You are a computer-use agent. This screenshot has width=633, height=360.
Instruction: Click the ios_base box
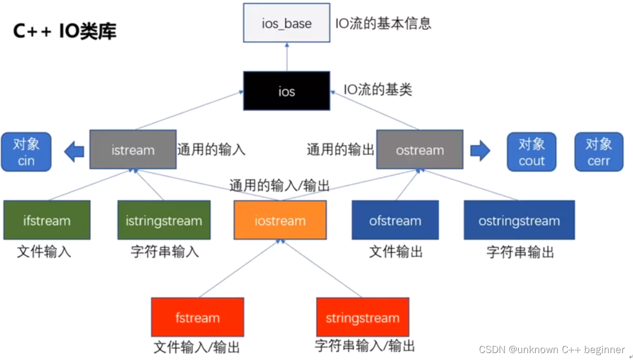287,23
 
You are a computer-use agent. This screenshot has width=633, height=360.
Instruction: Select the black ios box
286,91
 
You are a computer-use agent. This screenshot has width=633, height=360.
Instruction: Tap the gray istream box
133,149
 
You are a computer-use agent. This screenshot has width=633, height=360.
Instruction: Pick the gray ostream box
419,149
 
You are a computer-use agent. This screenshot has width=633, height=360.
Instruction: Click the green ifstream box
47,220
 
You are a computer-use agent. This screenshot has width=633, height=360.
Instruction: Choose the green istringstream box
164,220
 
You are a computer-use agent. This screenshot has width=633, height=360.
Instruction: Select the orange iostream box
280,220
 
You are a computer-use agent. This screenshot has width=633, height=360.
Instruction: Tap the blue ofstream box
395,220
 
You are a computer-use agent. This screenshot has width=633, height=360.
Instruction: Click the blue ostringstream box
519,220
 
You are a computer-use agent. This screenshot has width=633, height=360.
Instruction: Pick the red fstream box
197,317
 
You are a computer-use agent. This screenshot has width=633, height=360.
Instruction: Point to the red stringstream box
362,317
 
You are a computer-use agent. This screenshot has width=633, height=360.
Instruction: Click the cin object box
26,152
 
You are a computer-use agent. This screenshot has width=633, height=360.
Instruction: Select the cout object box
531,152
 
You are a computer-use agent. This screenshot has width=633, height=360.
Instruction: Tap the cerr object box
598,152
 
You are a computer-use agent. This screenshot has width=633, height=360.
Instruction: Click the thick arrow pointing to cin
74,152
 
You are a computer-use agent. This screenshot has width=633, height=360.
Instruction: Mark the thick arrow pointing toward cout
480,151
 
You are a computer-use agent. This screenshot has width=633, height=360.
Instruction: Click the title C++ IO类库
65,31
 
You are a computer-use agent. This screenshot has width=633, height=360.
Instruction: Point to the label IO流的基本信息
383,23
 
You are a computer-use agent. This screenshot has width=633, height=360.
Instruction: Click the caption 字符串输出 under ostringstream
520,252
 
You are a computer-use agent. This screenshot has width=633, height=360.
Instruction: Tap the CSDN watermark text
552,349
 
